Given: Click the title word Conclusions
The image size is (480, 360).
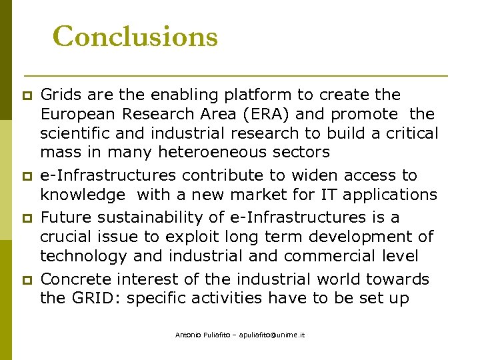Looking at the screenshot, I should point(135,37).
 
